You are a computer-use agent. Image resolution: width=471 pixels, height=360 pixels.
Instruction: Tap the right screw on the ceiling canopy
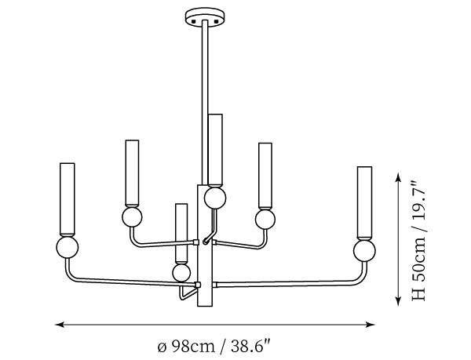click(216, 22)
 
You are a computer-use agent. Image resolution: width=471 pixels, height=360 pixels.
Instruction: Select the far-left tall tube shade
click(68, 199)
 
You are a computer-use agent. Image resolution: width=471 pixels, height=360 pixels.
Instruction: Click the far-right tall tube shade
click(365, 202)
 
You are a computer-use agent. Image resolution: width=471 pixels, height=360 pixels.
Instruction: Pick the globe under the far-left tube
click(68, 248)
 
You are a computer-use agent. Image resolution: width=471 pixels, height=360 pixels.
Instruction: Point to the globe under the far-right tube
click(364, 251)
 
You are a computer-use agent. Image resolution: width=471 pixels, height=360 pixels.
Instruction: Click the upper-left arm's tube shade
click(132, 173)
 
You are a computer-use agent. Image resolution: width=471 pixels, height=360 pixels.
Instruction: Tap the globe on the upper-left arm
click(132, 217)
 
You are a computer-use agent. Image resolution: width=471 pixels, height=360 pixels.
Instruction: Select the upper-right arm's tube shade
click(265, 175)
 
